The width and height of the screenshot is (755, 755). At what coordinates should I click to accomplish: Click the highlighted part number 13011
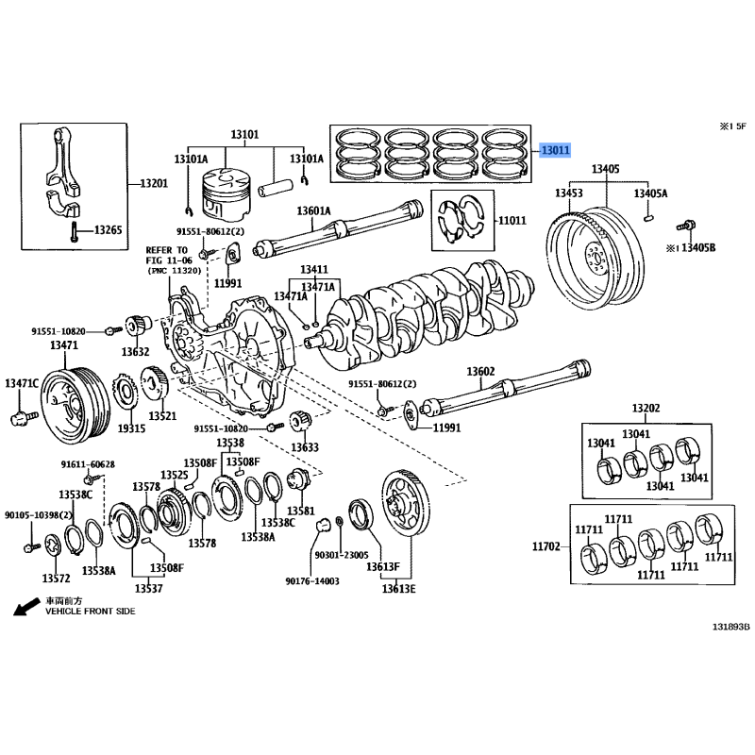tap(555, 150)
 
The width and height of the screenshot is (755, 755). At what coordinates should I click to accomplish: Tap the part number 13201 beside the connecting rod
tap(154, 183)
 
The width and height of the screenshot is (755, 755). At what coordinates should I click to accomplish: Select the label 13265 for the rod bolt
tap(108, 230)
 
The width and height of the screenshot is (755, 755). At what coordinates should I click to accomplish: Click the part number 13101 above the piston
tap(244, 134)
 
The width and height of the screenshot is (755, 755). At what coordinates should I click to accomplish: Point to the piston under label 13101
tap(226, 194)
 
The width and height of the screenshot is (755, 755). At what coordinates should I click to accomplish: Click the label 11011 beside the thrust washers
tap(512, 221)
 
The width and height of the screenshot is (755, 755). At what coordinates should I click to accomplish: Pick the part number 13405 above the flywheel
tap(606, 169)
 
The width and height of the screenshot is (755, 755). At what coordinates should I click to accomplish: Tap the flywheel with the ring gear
tap(596, 259)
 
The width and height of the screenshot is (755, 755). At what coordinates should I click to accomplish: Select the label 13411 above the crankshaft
tap(314, 270)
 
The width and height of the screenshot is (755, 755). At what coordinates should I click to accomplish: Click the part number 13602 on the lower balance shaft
tap(480, 372)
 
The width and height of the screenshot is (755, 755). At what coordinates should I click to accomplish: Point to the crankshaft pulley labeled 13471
tap(75, 406)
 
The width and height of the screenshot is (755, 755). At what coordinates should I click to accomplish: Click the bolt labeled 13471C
tap(24, 417)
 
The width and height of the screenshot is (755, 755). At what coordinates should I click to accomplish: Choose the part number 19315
tap(131, 428)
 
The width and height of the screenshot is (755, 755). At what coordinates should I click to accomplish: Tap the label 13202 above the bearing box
tap(646, 409)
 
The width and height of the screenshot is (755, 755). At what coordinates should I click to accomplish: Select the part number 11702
tap(546, 546)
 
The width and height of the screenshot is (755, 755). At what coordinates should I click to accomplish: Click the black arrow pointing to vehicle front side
tap(26, 607)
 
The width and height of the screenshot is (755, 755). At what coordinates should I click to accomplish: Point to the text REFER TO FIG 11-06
tap(169, 255)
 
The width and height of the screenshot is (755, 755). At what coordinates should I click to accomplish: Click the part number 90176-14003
tap(312, 581)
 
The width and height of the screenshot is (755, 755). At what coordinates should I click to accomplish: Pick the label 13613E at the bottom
tap(398, 589)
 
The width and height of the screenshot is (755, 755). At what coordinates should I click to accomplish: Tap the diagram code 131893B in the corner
tap(731, 627)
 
